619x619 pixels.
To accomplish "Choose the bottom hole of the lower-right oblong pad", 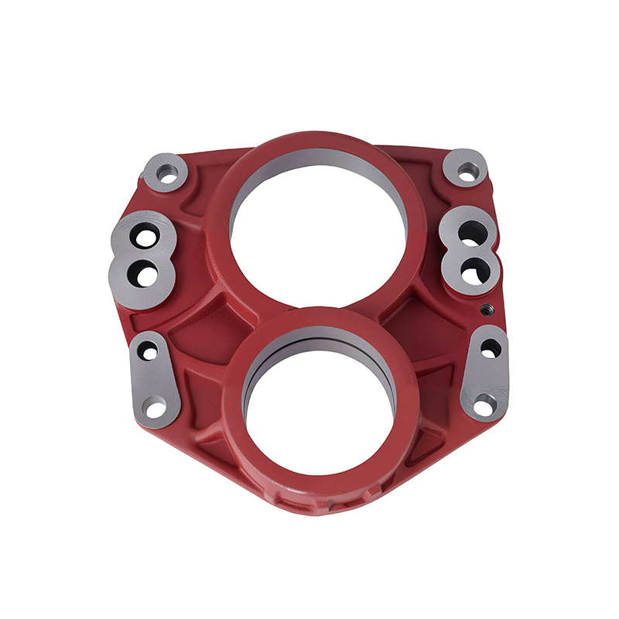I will (x=484, y=402).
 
